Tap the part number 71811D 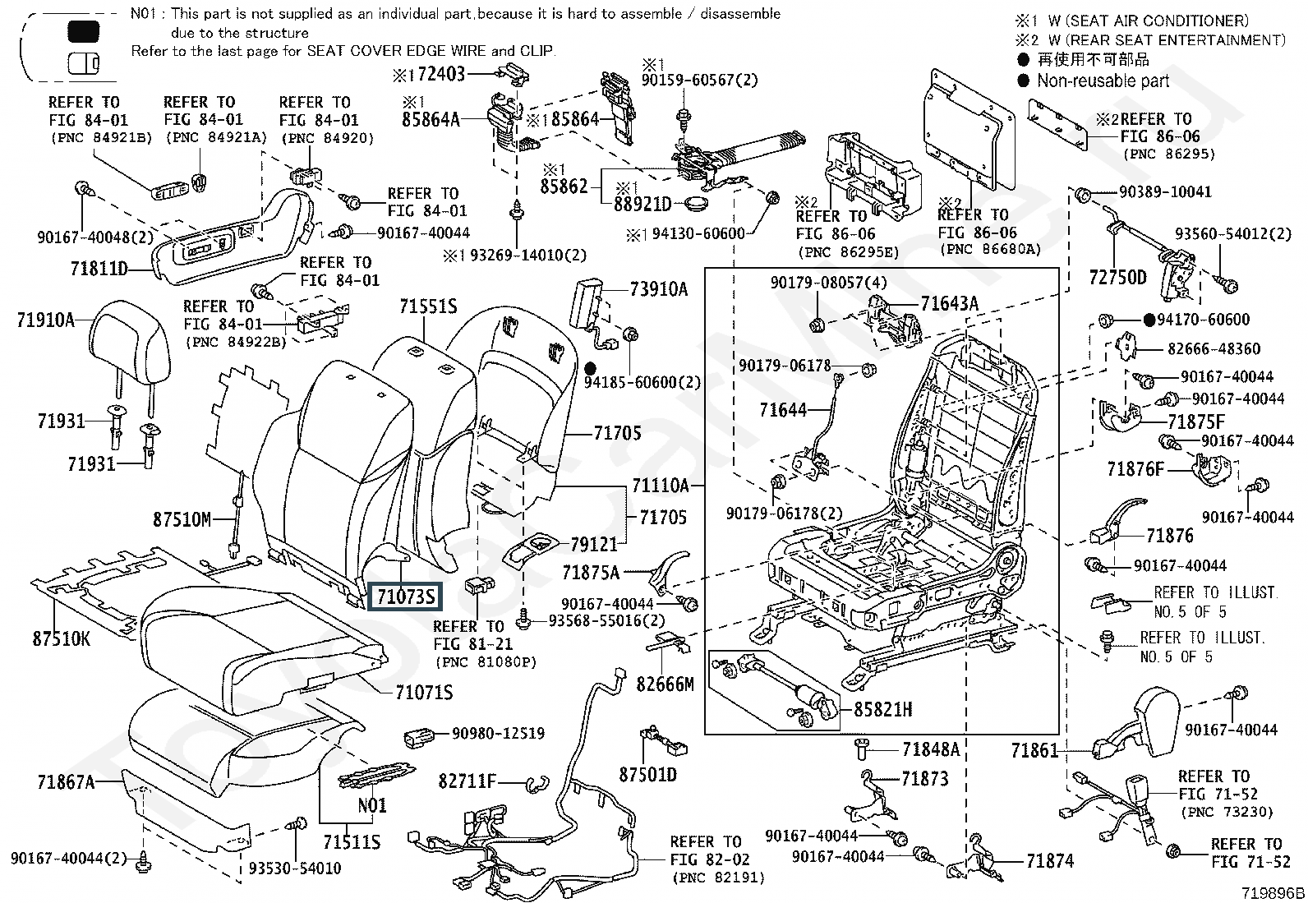coord(99,268)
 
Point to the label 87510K coord(62,638)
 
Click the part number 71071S coord(424,693)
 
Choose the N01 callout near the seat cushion coord(372,805)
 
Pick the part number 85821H coord(884,708)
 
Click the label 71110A coord(661,485)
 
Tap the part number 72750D coord(1117,277)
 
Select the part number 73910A coord(659,288)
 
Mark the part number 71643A coord(949,304)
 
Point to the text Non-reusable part coord(1103,81)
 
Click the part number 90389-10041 coord(1165,191)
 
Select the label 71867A coord(66,782)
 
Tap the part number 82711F coord(467,781)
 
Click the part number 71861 coord(1034,750)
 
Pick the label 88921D coord(642,204)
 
